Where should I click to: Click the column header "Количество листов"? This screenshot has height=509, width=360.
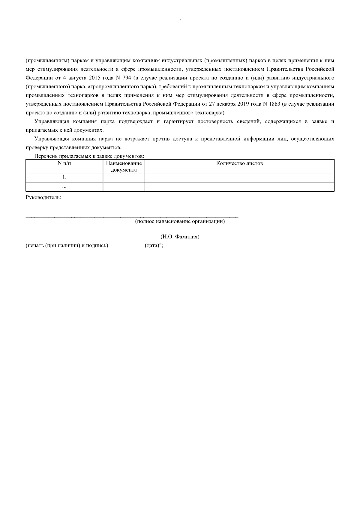[x=239, y=163]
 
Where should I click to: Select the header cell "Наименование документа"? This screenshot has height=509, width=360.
[x=124, y=166]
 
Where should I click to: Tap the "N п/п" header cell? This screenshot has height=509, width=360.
[x=64, y=163]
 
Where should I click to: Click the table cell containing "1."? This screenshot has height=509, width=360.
[x=64, y=177]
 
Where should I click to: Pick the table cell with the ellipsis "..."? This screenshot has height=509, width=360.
[x=64, y=187]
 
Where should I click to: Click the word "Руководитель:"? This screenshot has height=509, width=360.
[x=43, y=198]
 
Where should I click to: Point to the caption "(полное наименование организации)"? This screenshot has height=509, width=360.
[x=180, y=222]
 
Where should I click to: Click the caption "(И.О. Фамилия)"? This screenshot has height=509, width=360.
[x=180, y=237]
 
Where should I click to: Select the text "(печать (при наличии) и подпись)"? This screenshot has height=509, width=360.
[x=67, y=246]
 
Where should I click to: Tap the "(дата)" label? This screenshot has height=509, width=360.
[x=152, y=246]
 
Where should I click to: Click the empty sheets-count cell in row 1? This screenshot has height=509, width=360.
[x=239, y=177]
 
